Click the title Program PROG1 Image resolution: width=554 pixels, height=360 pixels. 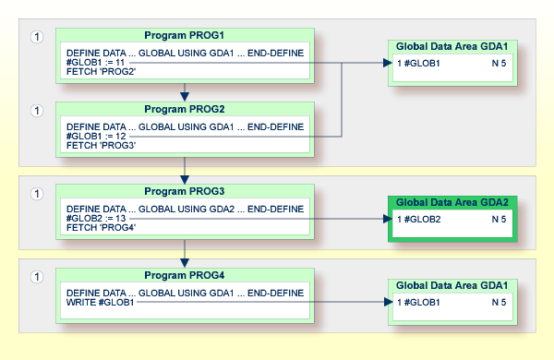(184, 35)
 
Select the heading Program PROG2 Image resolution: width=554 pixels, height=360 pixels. (184, 109)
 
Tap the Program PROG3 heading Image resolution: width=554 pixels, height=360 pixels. (184, 191)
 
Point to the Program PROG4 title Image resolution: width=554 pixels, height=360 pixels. (184, 275)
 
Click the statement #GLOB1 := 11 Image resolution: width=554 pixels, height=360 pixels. (95, 63)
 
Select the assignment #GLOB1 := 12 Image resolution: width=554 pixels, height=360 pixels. (96, 136)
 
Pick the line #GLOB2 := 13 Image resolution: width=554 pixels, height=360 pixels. (96, 219)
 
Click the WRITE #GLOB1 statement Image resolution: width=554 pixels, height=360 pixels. (100, 303)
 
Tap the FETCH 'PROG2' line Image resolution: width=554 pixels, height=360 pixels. (101, 72)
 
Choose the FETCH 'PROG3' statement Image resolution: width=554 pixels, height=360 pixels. (101, 145)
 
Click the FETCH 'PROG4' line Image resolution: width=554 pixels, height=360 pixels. (101, 227)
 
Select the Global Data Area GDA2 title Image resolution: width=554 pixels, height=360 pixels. (452, 202)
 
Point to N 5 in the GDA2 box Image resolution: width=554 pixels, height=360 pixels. (499, 220)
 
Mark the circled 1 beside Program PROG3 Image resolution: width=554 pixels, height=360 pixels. (37, 194)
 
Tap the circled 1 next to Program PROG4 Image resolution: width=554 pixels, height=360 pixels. (37, 277)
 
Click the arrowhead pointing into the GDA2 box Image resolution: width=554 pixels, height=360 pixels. (388, 219)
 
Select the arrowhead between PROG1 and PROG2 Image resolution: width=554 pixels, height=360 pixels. (185, 96)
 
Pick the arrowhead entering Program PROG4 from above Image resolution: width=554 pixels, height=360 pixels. (185, 263)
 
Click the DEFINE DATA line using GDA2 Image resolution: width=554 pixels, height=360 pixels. (185, 210)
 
